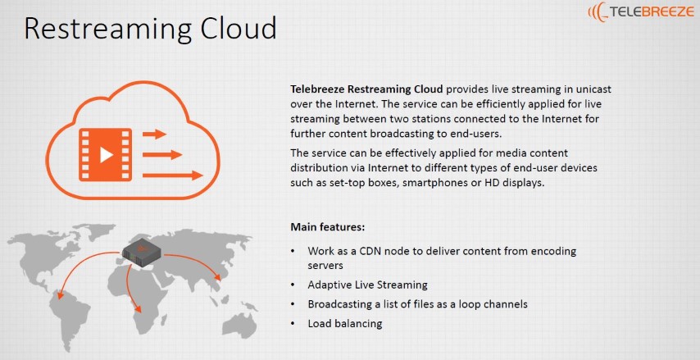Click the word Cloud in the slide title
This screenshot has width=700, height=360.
click(238, 28)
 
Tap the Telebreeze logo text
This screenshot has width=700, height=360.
click(651, 11)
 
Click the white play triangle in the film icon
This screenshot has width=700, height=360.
click(106, 154)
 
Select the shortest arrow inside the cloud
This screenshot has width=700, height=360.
click(154, 134)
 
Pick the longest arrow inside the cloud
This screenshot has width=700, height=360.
click(173, 175)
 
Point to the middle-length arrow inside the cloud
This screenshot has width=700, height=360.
click(162, 155)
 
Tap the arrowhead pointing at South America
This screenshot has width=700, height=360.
click(60, 294)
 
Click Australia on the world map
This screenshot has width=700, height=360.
click(240, 324)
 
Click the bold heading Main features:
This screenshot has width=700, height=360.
click(328, 227)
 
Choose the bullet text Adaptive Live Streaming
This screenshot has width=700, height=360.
click(367, 285)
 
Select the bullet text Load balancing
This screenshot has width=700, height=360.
click(344, 323)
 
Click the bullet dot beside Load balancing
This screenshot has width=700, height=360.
click(293, 323)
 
